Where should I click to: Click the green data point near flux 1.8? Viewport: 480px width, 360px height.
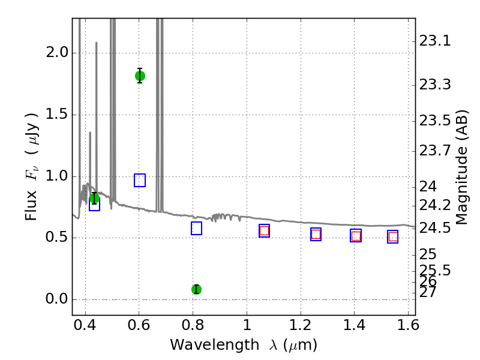pos(140,76)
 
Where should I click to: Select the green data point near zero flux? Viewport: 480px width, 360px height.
pos(196,289)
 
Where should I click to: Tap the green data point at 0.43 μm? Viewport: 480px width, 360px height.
pos(94,199)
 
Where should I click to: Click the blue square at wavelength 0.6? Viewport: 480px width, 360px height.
pos(140,180)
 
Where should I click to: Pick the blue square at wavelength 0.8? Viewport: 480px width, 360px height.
pos(196,228)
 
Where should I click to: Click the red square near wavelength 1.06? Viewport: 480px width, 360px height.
pos(264,231)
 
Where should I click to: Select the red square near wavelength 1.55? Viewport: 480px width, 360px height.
pos(392,236)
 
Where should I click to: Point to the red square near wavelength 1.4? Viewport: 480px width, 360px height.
pos(356,236)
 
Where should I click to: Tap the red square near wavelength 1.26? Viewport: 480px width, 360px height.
pos(316,235)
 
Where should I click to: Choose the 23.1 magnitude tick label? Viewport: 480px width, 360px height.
pos(435,41)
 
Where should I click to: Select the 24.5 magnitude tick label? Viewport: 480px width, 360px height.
pos(435,228)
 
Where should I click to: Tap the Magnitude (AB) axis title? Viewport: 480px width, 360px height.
pos(461,167)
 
